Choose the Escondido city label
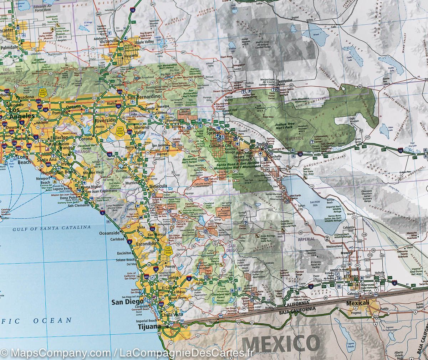[144, 243]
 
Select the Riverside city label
[105, 120]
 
